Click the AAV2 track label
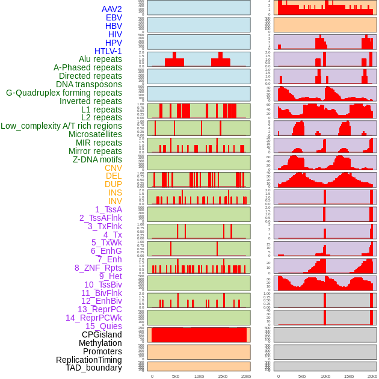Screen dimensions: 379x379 (x=112, y=9)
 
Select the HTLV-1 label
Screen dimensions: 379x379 (x=108, y=51)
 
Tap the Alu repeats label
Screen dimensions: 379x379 (x=100, y=59)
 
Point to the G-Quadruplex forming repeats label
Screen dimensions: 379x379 (x=64, y=93)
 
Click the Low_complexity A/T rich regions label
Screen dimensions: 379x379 (x=61, y=126)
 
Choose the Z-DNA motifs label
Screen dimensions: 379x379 (x=97, y=159)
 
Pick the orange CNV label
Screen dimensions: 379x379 (x=113, y=168)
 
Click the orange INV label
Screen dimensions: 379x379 (x=115, y=201)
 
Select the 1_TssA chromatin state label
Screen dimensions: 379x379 (x=108, y=209)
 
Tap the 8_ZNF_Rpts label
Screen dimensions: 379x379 (x=98, y=268)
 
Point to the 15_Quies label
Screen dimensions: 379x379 (x=103, y=326)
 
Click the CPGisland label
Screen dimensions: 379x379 (x=102, y=334)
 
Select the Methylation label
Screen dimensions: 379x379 (x=100, y=343)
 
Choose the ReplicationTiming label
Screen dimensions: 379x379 (x=89, y=360)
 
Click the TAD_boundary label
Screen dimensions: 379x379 (x=94, y=368)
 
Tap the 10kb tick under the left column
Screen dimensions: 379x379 (x=199, y=376)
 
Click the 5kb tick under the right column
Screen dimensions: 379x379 (x=302, y=376)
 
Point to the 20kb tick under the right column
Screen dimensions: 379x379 (x=372, y=376)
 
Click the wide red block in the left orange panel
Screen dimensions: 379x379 (x=199, y=334)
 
